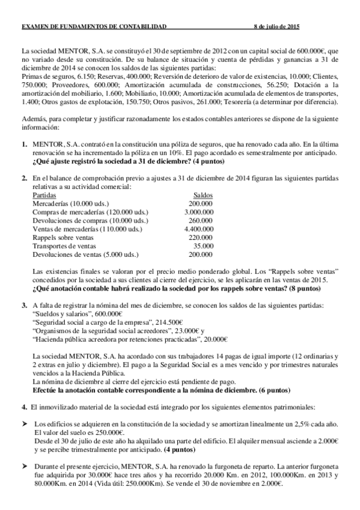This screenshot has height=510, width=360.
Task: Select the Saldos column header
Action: pos(203,196)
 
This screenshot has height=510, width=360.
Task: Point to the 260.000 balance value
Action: pos(201,221)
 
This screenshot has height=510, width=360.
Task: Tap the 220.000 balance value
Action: pos(201,238)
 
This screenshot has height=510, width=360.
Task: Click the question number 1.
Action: pos(24,145)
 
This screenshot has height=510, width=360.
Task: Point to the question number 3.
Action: pos(24,306)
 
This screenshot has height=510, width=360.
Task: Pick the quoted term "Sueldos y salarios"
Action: pos(64,314)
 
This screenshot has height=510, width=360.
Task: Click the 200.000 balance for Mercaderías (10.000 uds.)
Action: pos(201,204)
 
